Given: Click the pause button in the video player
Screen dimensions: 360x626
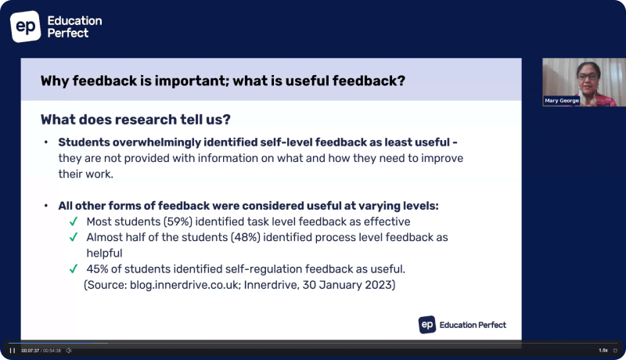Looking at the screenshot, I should tap(12, 351).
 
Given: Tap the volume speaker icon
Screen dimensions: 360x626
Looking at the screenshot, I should tap(68, 351).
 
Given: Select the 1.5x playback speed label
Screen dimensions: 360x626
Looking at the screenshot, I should tap(603, 351).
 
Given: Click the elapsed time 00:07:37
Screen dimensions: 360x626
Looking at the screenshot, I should tap(30, 351).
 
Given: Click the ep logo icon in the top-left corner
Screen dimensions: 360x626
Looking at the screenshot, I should tap(26, 27).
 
